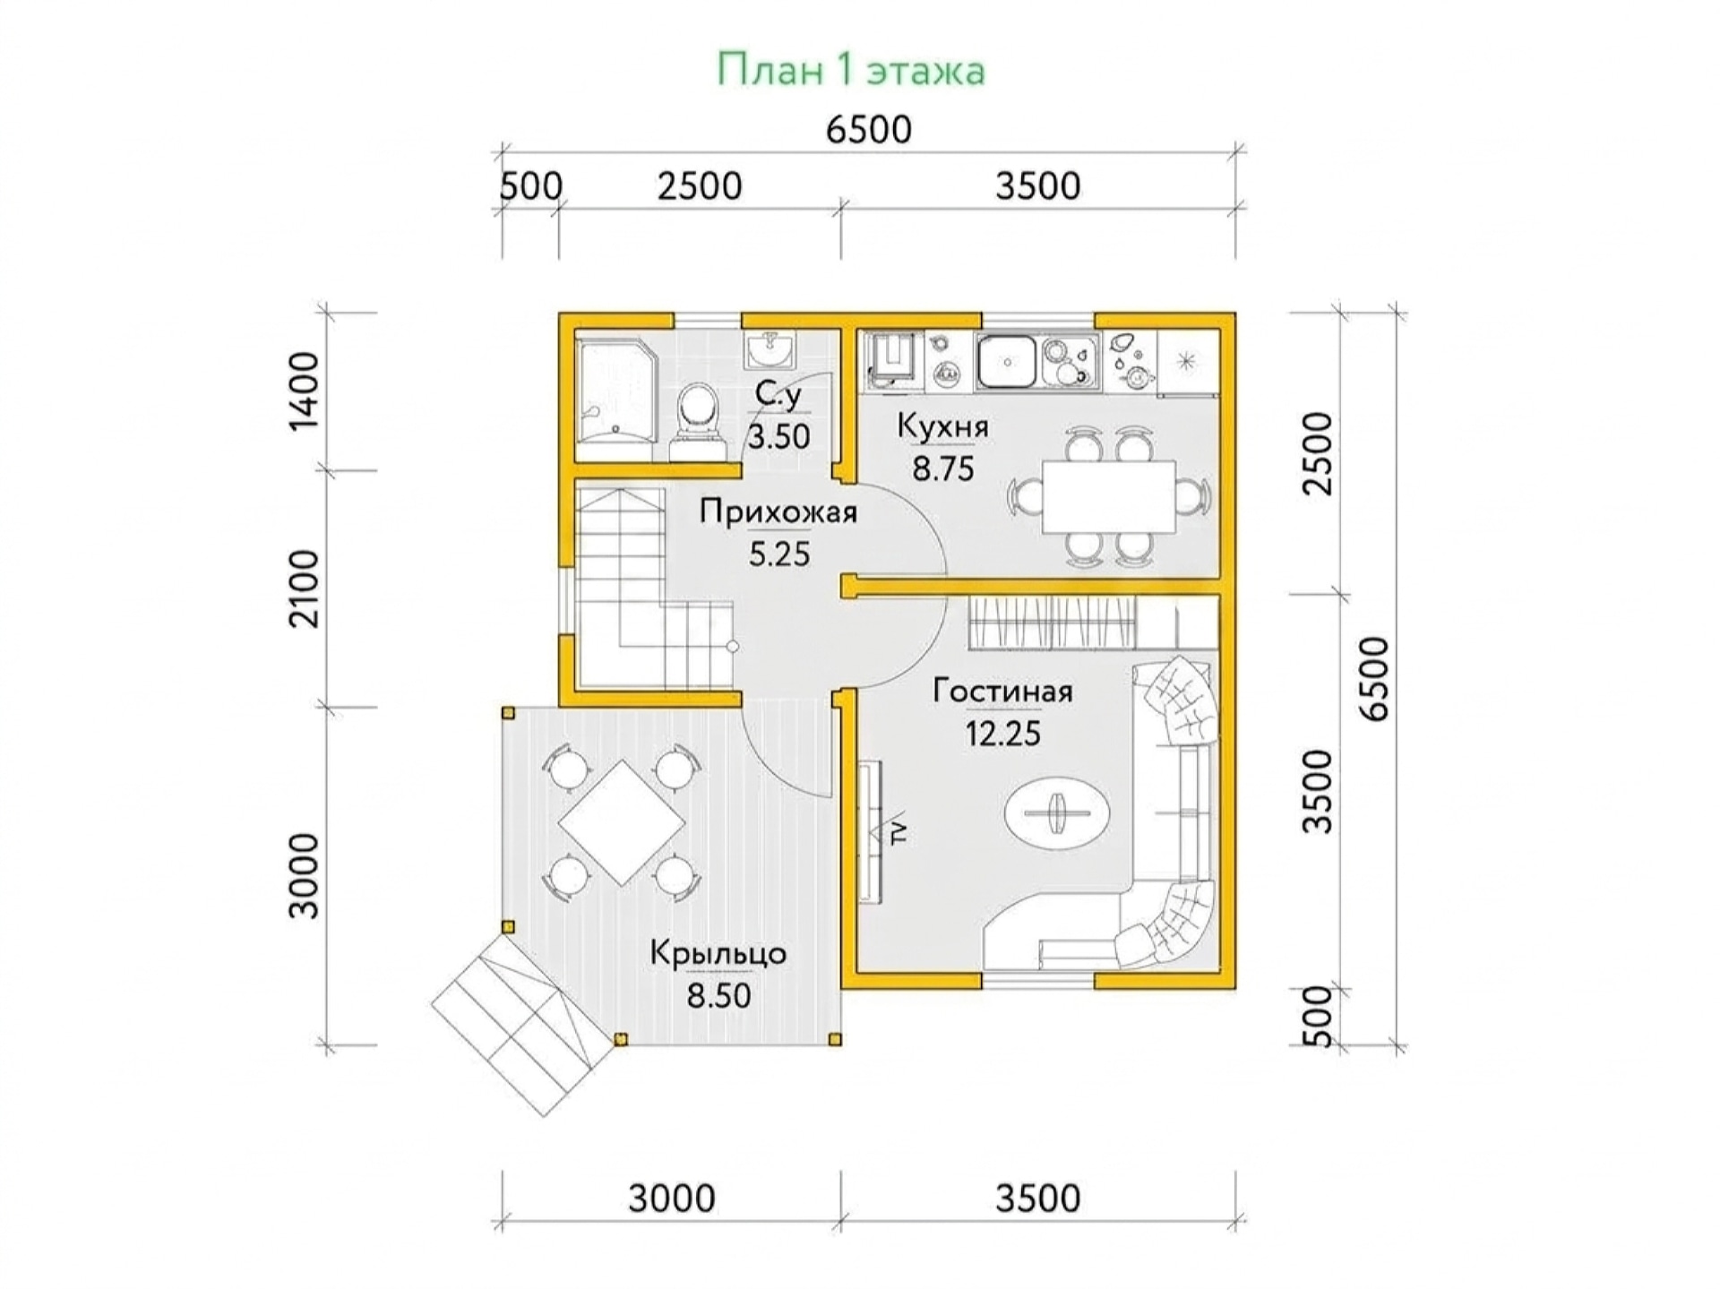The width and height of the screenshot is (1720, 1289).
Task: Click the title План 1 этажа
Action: (x=850, y=71)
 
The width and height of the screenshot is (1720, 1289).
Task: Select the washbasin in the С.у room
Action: (x=768, y=349)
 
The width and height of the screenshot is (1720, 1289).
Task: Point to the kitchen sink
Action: (x=1007, y=362)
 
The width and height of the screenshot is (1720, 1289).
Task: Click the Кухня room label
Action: (x=942, y=427)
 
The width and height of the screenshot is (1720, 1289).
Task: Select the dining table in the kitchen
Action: (x=1108, y=496)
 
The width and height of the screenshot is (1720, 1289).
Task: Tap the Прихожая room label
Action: (x=778, y=511)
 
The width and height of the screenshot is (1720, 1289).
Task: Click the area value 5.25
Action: (x=779, y=554)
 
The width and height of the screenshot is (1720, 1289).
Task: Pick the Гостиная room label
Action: (x=1002, y=691)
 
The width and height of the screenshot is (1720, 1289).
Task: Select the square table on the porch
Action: (x=621, y=822)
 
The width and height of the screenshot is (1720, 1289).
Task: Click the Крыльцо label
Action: (x=718, y=953)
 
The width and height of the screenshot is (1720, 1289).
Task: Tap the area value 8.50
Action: (x=718, y=995)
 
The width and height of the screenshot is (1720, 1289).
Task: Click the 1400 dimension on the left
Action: (x=305, y=391)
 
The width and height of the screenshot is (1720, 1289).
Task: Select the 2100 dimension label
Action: (x=305, y=589)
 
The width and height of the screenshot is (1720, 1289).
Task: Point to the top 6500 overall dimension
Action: (x=868, y=130)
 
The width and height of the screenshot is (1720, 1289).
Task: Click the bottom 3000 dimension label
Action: (x=671, y=1198)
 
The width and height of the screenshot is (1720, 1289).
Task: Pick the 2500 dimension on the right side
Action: (x=1318, y=453)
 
